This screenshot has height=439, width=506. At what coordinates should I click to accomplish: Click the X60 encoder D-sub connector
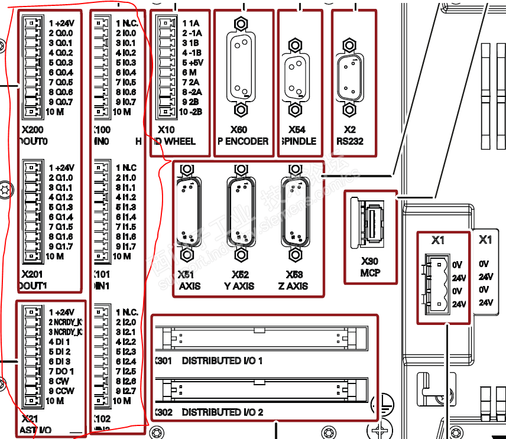240,67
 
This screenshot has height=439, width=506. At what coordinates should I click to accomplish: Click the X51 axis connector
187,213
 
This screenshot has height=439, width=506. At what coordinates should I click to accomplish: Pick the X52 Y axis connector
240,212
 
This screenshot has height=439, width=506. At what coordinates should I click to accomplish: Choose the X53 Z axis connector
294,212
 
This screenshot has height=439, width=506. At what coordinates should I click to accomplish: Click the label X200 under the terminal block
32,130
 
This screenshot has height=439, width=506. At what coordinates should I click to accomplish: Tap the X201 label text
33,275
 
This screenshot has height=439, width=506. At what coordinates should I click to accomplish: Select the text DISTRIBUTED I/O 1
222,360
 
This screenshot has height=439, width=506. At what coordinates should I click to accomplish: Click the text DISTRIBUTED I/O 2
222,412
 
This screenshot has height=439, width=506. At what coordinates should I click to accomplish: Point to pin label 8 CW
59,381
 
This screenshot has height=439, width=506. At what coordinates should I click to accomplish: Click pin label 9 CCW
61,391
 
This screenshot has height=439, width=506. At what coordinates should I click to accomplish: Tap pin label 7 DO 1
61,372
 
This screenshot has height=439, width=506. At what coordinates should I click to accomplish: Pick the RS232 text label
350,141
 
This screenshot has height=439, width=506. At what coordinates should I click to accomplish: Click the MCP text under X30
371,273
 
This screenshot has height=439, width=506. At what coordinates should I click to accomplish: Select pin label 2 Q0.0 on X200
61,33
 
